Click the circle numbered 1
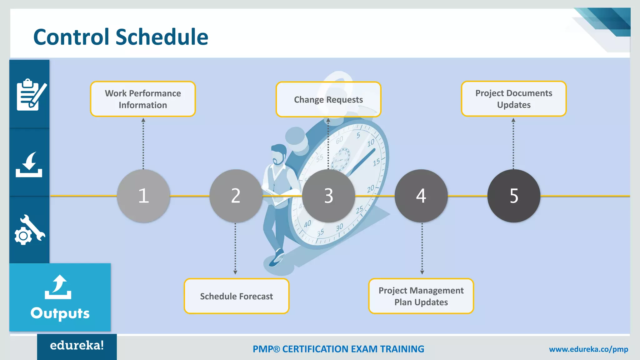143,196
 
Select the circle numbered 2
236,196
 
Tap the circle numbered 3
328,196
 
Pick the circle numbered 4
421,196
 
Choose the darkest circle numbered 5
514,196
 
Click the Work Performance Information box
143,99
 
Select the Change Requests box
328,99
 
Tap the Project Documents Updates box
514,99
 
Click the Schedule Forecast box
237,296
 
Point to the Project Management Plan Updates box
421,296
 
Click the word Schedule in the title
162,37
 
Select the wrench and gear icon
30,230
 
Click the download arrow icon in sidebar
29,165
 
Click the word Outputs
60,313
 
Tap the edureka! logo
77,346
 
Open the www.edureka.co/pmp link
588,349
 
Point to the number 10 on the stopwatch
371,143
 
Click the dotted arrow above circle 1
143,144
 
